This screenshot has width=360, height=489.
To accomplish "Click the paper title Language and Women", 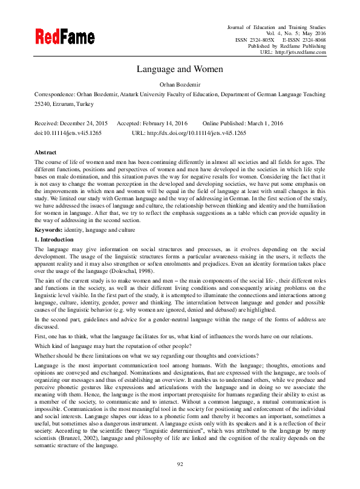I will point(180,69).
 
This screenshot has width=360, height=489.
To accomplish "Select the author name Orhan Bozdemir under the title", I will point(180,84).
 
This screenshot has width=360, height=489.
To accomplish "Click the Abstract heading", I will point(45,153).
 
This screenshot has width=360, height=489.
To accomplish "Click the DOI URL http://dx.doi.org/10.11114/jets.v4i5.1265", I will point(199,132).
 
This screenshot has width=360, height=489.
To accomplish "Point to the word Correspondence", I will point(54,94).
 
